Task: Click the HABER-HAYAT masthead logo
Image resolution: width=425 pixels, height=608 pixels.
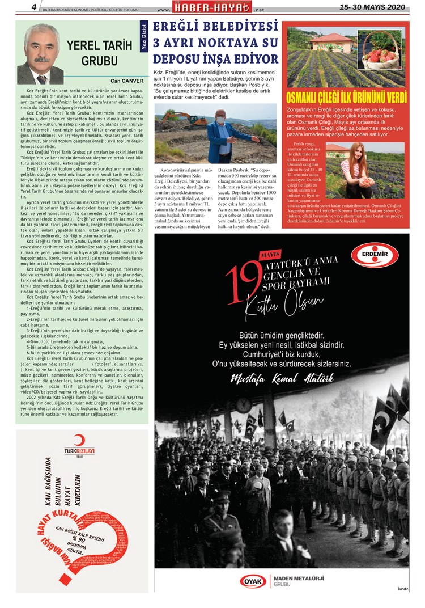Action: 212,9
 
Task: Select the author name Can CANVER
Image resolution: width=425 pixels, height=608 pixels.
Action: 127,81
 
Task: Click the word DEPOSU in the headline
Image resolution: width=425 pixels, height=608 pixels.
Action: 182,60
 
